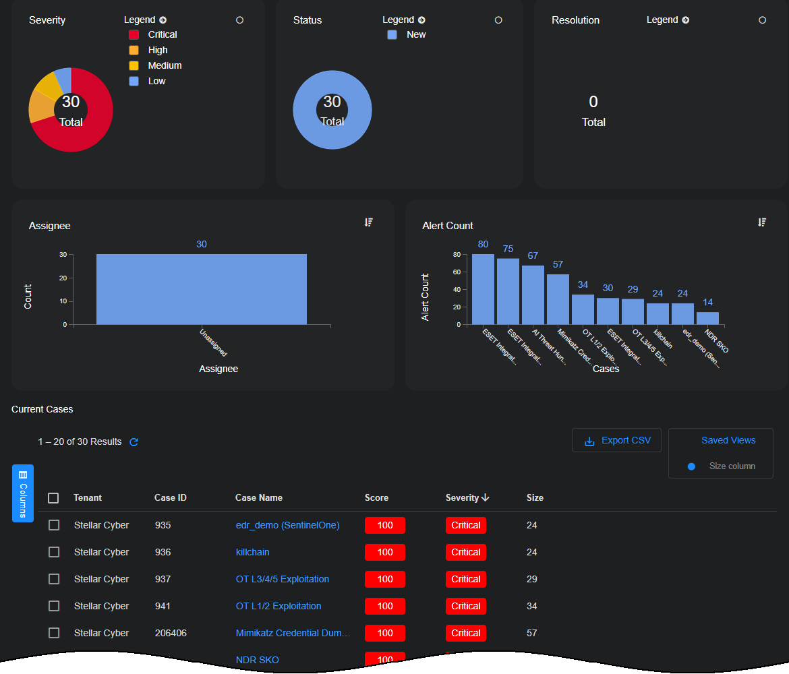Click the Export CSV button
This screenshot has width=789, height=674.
pyautogui.click(x=616, y=441)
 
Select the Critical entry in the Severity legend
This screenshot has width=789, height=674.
pyautogui.click(x=162, y=34)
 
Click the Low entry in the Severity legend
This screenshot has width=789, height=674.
pyautogui.click(x=156, y=81)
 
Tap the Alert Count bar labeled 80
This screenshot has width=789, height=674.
pyautogui.click(x=483, y=289)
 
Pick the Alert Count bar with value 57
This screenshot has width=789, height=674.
pyautogui.click(x=558, y=299)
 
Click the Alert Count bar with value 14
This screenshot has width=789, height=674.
pyautogui.click(x=707, y=318)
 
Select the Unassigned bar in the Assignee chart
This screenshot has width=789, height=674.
pyautogui.click(x=201, y=289)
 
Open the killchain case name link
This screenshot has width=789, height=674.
pyautogui.click(x=252, y=552)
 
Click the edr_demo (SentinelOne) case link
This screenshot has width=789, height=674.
pyautogui.click(x=287, y=525)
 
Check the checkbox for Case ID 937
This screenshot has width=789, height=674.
pyautogui.click(x=54, y=579)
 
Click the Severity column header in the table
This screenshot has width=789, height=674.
pyautogui.click(x=463, y=498)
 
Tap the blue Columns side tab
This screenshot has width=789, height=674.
pyautogui.click(x=23, y=493)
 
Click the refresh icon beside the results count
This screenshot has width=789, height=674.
pyautogui.click(x=134, y=442)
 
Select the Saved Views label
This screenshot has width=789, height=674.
pyautogui.click(x=728, y=440)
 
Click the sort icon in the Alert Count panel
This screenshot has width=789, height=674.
pyautogui.click(x=762, y=222)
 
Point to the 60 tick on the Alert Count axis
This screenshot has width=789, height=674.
pyautogui.click(x=457, y=272)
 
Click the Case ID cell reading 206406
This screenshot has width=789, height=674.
pyautogui.click(x=171, y=633)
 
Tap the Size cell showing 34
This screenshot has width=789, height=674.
pyautogui.click(x=531, y=606)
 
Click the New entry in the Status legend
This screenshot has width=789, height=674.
pyautogui.click(x=415, y=34)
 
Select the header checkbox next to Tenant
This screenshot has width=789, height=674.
pyautogui.click(x=53, y=498)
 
